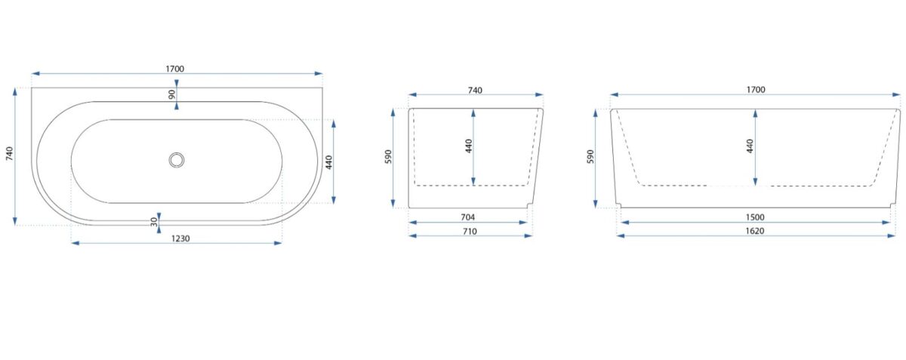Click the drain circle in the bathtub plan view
click(177, 160)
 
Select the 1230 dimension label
click(180, 238)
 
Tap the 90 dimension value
click(172, 94)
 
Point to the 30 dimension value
click(154, 222)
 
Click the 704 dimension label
click(467, 217)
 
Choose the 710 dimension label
click(469, 232)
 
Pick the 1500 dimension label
click(755, 217)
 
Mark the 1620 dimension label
click(755, 231)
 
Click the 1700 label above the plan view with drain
click(174, 69)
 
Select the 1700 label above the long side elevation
click(756, 89)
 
